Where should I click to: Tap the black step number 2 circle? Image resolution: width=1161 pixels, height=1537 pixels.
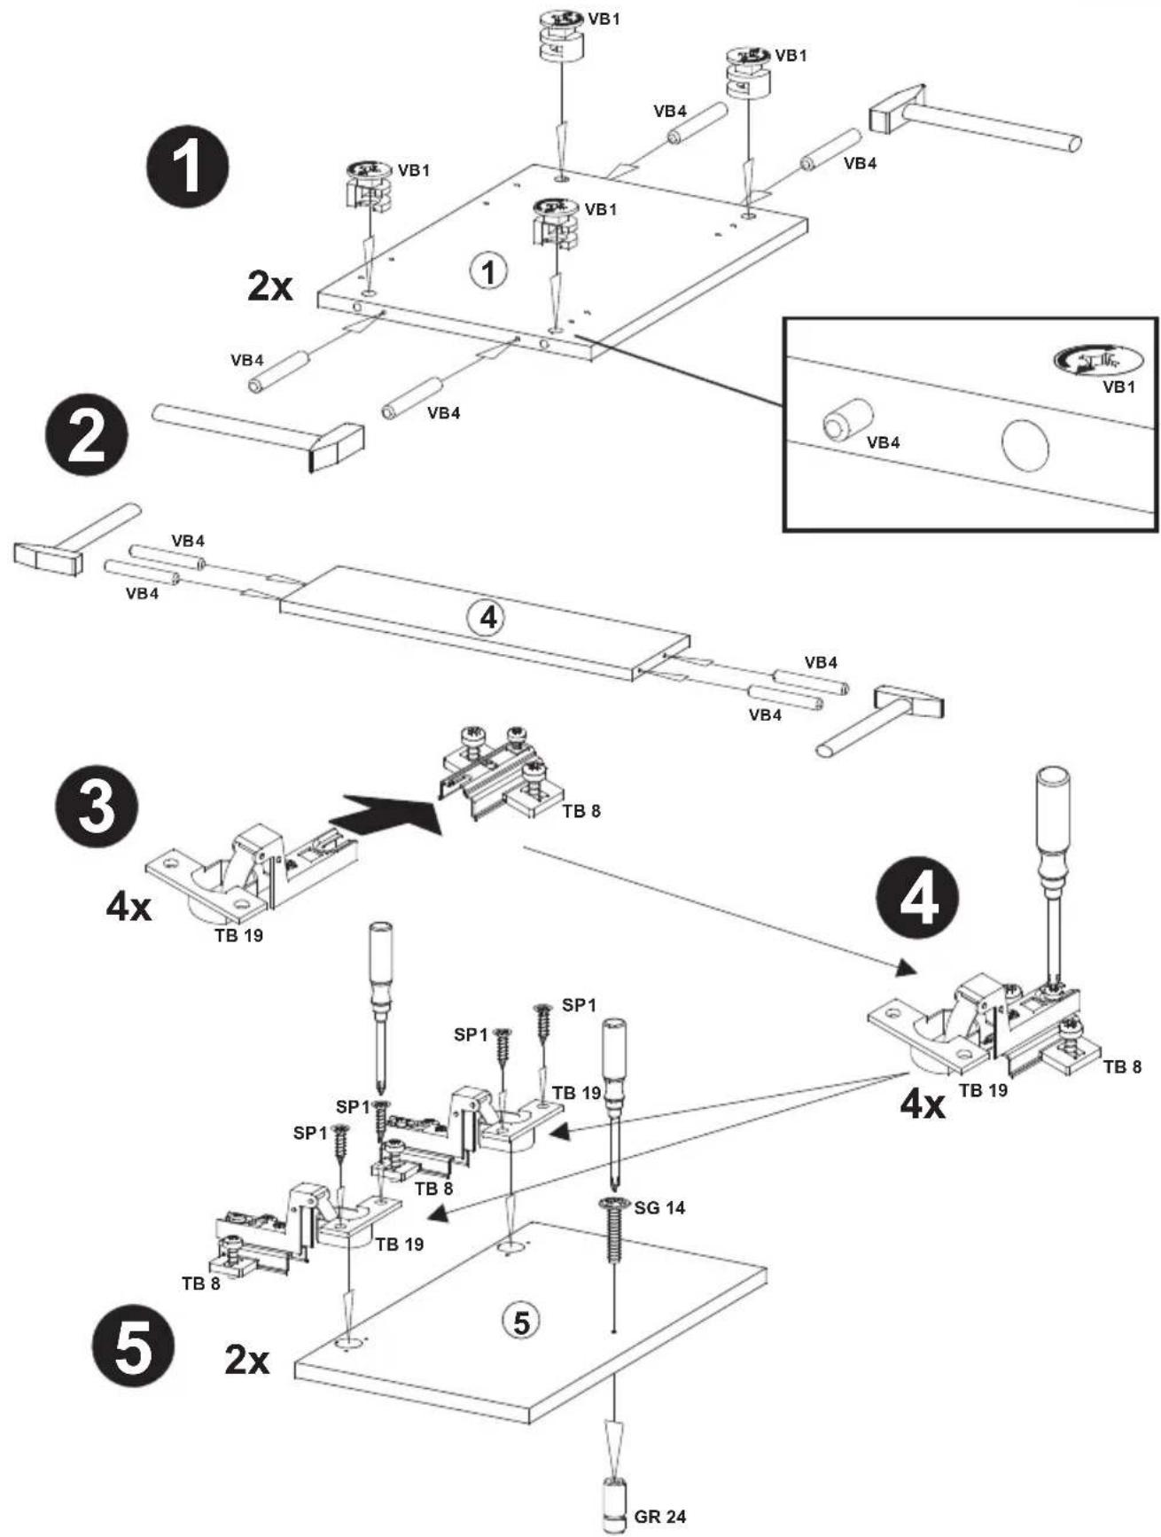click(86, 435)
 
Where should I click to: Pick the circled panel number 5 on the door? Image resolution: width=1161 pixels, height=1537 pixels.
click(520, 1322)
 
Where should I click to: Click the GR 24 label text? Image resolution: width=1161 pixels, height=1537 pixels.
click(659, 1517)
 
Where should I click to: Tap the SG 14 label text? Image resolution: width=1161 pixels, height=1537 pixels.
click(659, 1207)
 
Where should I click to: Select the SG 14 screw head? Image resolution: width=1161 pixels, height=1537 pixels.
click(614, 1203)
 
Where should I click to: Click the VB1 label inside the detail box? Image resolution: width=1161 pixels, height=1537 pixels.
click(1118, 386)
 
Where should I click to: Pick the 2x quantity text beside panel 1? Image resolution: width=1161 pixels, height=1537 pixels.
click(269, 285)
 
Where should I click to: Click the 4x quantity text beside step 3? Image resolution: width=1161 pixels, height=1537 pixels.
click(129, 907)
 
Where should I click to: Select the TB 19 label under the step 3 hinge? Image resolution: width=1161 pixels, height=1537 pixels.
click(238, 934)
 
